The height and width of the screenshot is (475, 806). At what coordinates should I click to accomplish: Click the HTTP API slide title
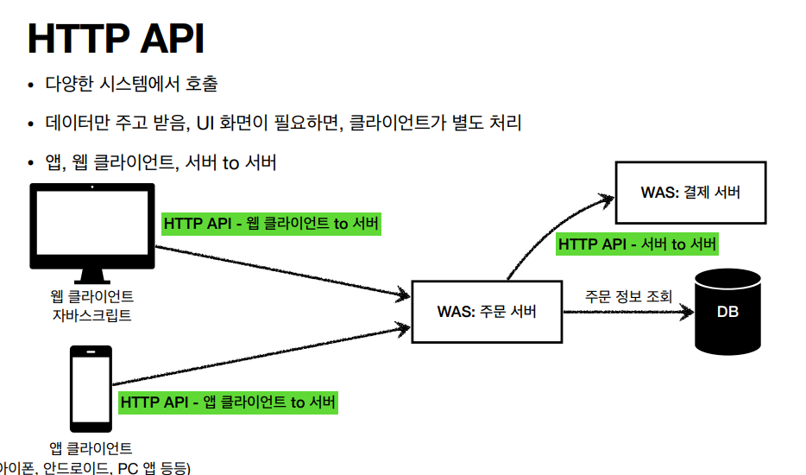click(x=116, y=39)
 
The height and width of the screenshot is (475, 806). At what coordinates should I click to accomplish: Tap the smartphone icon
click(x=91, y=388)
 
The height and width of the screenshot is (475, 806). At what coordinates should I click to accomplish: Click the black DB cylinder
click(x=727, y=312)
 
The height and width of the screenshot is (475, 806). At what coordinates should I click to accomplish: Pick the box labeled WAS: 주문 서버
click(x=486, y=311)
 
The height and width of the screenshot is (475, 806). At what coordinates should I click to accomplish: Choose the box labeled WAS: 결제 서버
click(x=690, y=193)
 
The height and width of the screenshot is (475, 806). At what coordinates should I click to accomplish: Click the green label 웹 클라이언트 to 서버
click(x=271, y=224)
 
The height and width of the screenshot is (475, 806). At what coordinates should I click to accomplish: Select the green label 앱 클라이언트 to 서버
click(x=228, y=402)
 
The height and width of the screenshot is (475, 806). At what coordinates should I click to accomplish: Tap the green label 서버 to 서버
click(x=637, y=244)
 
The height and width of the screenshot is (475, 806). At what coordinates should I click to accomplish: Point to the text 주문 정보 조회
click(x=627, y=296)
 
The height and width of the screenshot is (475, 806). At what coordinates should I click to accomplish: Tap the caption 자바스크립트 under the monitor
click(x=91, y=315)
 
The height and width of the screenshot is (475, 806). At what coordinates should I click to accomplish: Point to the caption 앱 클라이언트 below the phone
click(x=91, y=448)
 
